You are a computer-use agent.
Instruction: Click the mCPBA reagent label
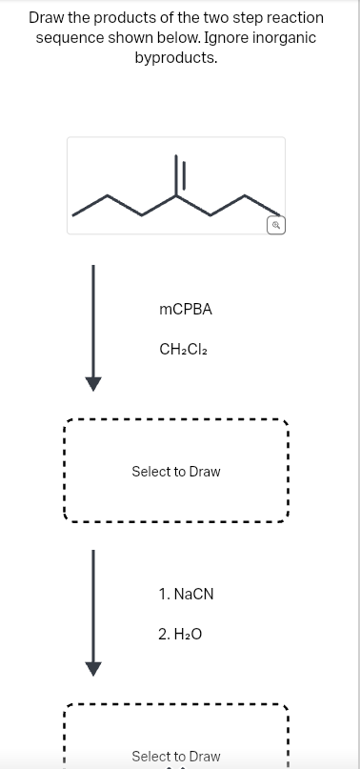click(x=186, y=310)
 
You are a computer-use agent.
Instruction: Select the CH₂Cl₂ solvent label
click(x=184, y=350)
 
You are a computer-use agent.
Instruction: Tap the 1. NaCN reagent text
click(x=187, y=594)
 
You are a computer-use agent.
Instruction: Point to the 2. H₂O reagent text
click(x=181, y=633)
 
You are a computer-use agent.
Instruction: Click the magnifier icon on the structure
click(x=274, y=226)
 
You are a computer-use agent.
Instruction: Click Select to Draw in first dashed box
click(x=175, y=472)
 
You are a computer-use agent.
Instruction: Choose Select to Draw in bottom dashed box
click(x=175, y=756)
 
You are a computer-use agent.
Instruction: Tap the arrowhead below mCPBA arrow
click(x=92, y=383)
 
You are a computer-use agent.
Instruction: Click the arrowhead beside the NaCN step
click(x=92, y=667)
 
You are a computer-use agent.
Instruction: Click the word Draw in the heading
click(x=48, y=17)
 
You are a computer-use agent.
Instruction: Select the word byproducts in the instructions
click(x=176, y=57)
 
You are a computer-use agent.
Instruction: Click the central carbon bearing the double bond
click(x=176, y=197)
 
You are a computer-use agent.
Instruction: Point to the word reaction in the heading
click(x=293, y=17)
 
